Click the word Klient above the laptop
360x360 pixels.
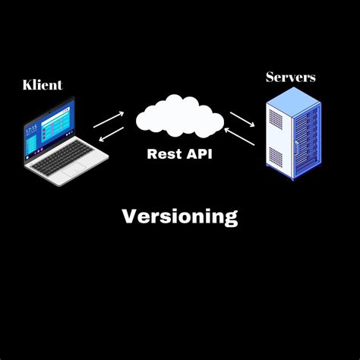tap(42, 84)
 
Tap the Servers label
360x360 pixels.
tap(291, 77)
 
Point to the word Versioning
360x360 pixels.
tap(180, 216)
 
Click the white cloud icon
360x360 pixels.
tap(180, 117)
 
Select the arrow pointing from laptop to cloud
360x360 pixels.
tap(109, 118)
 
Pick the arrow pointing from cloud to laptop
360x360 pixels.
tap(110, 134)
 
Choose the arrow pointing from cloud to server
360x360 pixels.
tap(242, 119)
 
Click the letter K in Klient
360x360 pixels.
tap(27, 84)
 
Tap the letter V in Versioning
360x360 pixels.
tap(129, 216)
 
